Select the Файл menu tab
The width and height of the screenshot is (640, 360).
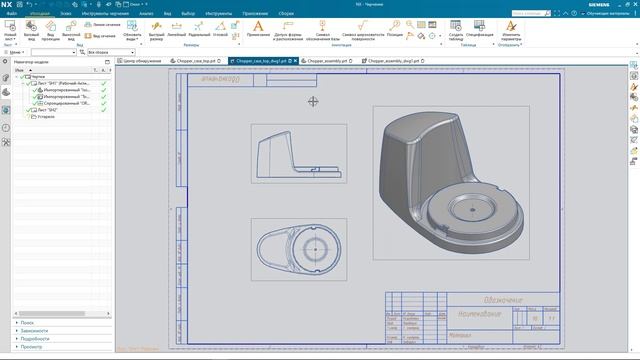pyautogui.click(x=11, y=13)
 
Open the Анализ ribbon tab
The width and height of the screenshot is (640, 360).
pyautogui.click(x=146, y=13)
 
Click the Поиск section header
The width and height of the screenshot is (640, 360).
pyautogui.click(x=27, y=323)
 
